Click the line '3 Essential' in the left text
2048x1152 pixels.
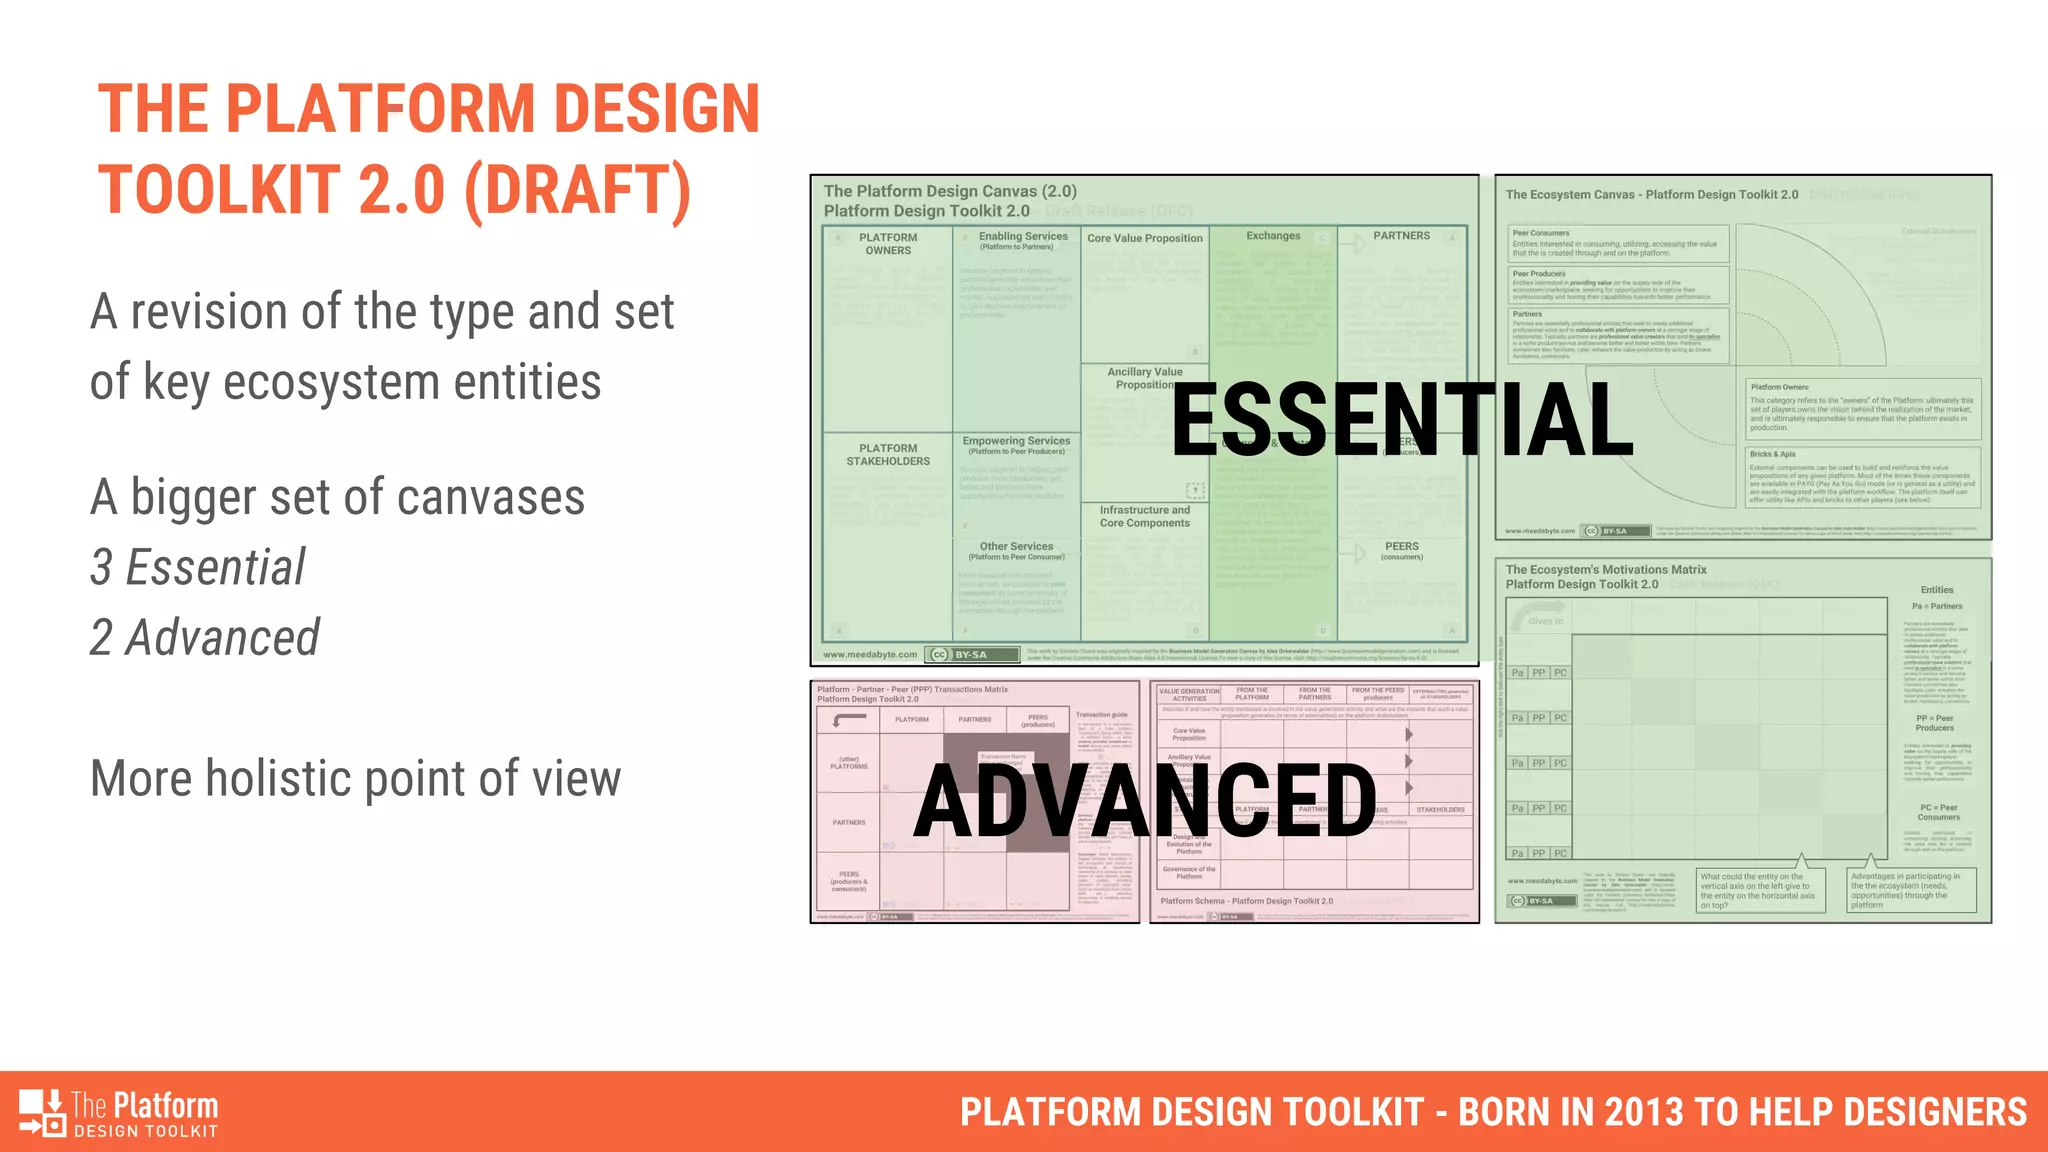[x=198, y=567]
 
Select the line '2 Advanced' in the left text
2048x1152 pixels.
[x=205, y=638]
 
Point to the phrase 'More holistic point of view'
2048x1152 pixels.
[x=355, y=778]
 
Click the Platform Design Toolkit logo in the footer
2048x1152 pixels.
[x=118, y=1113]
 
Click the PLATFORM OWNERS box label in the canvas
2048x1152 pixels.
[x=887, y=244]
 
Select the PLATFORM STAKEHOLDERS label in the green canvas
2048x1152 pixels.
[x=887, y=455]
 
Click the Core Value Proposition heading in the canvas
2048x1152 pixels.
[x=1144, y=238]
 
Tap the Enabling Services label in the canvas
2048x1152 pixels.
[x=1022, y=237]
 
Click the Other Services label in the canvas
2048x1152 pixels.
[x=1016, y=547]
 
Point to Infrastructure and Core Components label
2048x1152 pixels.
[x=1144, y=516]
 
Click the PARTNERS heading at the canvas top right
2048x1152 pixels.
[x=1400, y=236]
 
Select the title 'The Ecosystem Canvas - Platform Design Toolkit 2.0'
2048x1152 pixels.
[x=1651, y=195]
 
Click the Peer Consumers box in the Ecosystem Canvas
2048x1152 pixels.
[x=1617, y=243]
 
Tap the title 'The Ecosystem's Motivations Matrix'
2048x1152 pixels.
[x=1605, y=569]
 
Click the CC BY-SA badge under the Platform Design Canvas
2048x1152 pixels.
[x=971, y=655]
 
